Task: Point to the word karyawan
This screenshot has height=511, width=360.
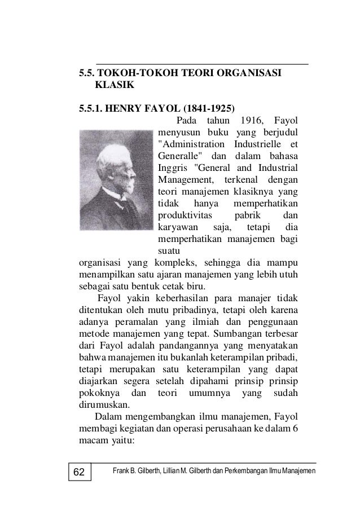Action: click(177, 227)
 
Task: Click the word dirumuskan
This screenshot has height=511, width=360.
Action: click(102, 404)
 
